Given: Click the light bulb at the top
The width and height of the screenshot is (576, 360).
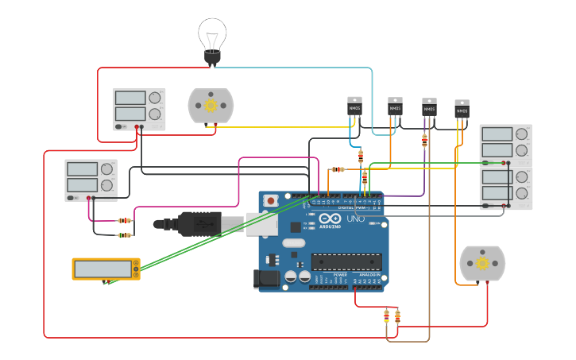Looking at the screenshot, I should pos(212,40).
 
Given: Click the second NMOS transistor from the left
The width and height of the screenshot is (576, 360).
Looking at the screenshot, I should pos(395,106).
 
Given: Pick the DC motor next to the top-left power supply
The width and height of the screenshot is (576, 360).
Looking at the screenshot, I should pos(211,106).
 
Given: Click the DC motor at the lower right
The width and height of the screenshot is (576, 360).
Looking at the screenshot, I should pos(482,263).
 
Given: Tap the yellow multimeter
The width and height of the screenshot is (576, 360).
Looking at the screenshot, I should pos(106,269).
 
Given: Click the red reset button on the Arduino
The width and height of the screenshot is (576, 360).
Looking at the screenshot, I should pos(271,201).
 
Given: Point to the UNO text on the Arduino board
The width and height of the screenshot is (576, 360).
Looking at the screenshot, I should pos(354,219).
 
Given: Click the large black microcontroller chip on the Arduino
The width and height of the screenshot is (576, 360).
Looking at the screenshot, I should pos(346,261).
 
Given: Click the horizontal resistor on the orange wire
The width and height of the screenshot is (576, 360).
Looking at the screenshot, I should pos(338,169).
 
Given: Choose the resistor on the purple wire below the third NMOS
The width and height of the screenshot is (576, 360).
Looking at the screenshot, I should pos(424,141).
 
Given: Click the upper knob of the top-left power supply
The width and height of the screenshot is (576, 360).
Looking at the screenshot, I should pos(154,98).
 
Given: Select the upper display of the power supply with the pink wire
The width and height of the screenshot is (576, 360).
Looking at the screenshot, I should pos(83,168).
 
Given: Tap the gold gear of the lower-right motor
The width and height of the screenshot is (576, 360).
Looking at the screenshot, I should pos(482,263).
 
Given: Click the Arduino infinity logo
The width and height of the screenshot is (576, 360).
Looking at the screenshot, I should pos(332,219).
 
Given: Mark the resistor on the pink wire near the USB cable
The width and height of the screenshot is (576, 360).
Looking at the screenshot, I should pos(124,220).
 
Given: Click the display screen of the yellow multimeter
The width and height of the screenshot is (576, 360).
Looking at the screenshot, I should pos(102,269).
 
